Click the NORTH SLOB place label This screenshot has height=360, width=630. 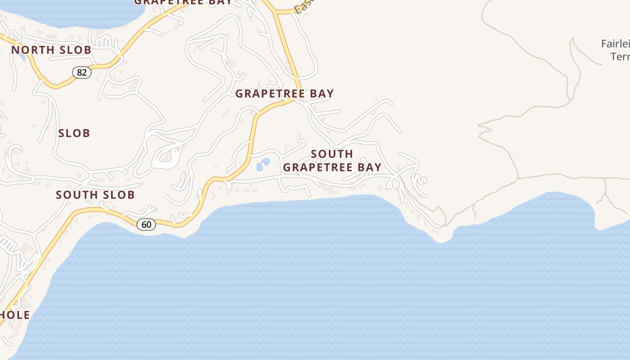click(x=51, y=50)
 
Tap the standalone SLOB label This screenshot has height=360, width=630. click(x=74, y=133)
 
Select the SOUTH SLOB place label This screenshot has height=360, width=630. click(x=95, y=195)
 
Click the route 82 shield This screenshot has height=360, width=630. click(x=82, y=72)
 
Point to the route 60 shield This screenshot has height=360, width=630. click(x=146, y=224)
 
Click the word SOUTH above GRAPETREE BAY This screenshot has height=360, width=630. click(x=332, y=154)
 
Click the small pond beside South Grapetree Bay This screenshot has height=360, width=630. click(x=263, y=164)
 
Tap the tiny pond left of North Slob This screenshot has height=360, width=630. click(x=22, y=57)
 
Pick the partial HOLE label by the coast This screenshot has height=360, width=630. click(x=14, y=315)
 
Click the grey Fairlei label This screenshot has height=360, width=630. click(x=615, y=44)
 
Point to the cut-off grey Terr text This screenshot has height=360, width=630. click(x=620, y=57)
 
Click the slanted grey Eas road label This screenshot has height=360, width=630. click(x=303, y=7)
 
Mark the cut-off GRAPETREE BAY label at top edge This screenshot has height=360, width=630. click(x=183, y=2)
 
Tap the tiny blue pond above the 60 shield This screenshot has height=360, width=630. click(x=155, y=209)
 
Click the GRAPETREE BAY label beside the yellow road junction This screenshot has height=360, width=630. click(x=284, y=94)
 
